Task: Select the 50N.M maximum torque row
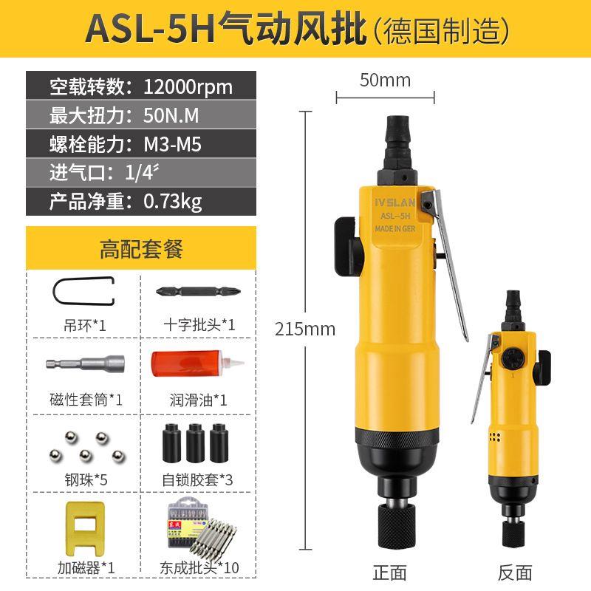140,115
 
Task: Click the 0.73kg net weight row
140,200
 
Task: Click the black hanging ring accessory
83,292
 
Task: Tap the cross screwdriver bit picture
197,291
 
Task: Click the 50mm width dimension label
385,81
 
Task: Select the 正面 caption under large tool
389,571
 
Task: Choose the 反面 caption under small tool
515,571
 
